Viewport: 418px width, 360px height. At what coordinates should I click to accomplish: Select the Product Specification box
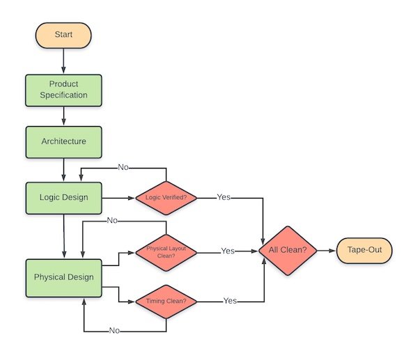point(64,89)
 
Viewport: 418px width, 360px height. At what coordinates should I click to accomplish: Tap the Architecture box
point(64,141)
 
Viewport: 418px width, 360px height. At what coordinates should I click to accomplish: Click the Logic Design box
point(64,197)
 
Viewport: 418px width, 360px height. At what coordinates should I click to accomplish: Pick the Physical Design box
point(64,277)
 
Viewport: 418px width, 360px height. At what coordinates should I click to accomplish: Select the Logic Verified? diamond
point(166,198)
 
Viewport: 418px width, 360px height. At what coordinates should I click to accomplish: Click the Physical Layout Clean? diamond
point(166,251)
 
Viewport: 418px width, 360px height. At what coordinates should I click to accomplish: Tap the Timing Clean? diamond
point(166,302)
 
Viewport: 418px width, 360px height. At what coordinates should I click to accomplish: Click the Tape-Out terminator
point(364,249)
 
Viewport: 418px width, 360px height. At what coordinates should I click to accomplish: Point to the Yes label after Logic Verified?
point(224,198)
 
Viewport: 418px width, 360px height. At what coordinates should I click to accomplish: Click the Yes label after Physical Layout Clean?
point(228,251)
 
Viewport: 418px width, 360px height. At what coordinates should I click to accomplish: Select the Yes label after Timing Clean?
point(231,302)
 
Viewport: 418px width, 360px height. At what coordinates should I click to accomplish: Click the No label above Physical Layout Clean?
point(111,221)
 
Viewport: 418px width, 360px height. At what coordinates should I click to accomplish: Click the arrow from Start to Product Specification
point(64,61)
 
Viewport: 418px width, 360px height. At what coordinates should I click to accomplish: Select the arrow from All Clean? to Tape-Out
point(326,249)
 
